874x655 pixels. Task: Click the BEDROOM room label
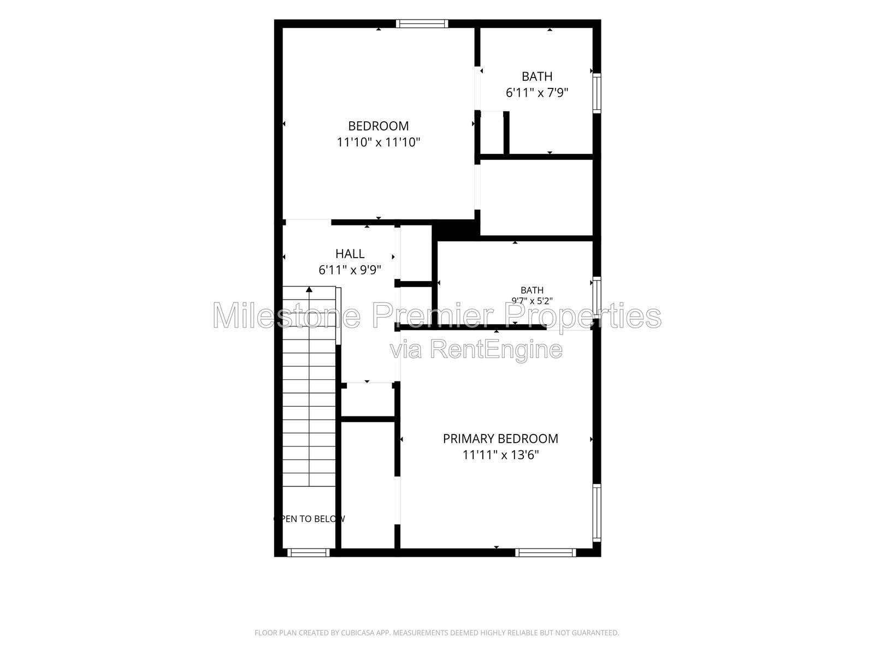point(378,126)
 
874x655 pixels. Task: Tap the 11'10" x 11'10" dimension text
point(378,142)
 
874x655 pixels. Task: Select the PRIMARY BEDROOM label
point(500,439)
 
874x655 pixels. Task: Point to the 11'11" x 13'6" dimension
point(500,455)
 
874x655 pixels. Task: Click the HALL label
point(350,254)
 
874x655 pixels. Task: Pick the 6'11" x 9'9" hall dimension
point(350,270)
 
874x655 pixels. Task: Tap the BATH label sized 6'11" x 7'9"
point(537,76)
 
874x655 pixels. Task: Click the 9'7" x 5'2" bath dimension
point(532,301)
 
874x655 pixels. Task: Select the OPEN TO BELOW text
point(309,519)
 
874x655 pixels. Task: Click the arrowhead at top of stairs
point(309,289)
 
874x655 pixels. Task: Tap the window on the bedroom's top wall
point(422,24)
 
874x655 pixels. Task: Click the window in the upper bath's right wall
point(597,93)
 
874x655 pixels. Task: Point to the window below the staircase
point(309,552)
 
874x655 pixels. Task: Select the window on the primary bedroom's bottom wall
point(546,552)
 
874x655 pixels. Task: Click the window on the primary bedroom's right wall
point(597,513)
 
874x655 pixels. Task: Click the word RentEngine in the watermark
point(496,349)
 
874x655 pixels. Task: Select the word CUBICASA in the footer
point(358,633)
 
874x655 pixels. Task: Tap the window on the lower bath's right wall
point(597,297)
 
